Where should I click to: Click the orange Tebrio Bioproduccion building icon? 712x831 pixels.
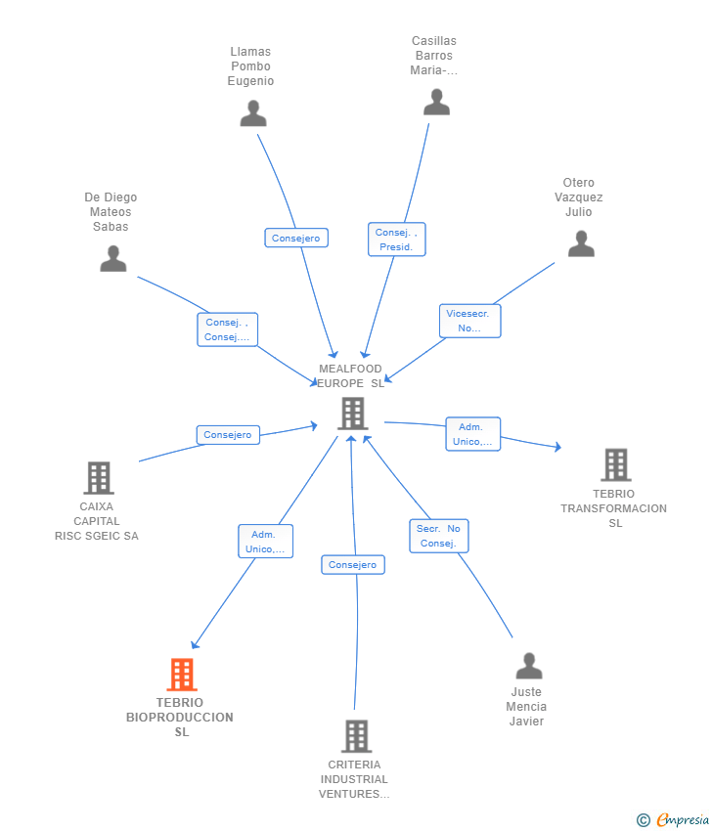[181, 675]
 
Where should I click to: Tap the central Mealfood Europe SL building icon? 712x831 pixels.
[352, 414]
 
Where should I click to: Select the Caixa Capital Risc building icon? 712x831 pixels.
[98, 478]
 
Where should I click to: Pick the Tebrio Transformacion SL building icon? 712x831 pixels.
[615, 465]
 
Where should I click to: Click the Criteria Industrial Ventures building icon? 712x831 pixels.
[356, 736]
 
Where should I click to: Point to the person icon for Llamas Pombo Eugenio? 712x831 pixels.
[253, 113]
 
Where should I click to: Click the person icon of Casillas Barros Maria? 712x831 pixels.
[436, 102]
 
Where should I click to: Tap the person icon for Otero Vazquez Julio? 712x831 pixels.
[581, 243]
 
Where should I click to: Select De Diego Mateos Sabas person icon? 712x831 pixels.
[113, 258]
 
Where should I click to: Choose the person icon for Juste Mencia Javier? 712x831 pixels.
[528, 666]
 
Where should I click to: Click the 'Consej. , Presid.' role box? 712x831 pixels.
[396, 240]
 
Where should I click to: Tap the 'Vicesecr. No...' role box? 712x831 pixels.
[469, 321]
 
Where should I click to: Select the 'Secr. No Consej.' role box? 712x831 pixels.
[438, 536]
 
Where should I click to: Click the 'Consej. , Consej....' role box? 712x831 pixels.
[227, 329]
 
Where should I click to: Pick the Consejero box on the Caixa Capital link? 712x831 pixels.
[228, 435]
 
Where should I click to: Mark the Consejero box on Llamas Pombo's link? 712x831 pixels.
[296, 238]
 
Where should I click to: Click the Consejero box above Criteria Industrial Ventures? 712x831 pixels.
[352, 565]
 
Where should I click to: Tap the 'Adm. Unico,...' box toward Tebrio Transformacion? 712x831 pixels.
[472, 434]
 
